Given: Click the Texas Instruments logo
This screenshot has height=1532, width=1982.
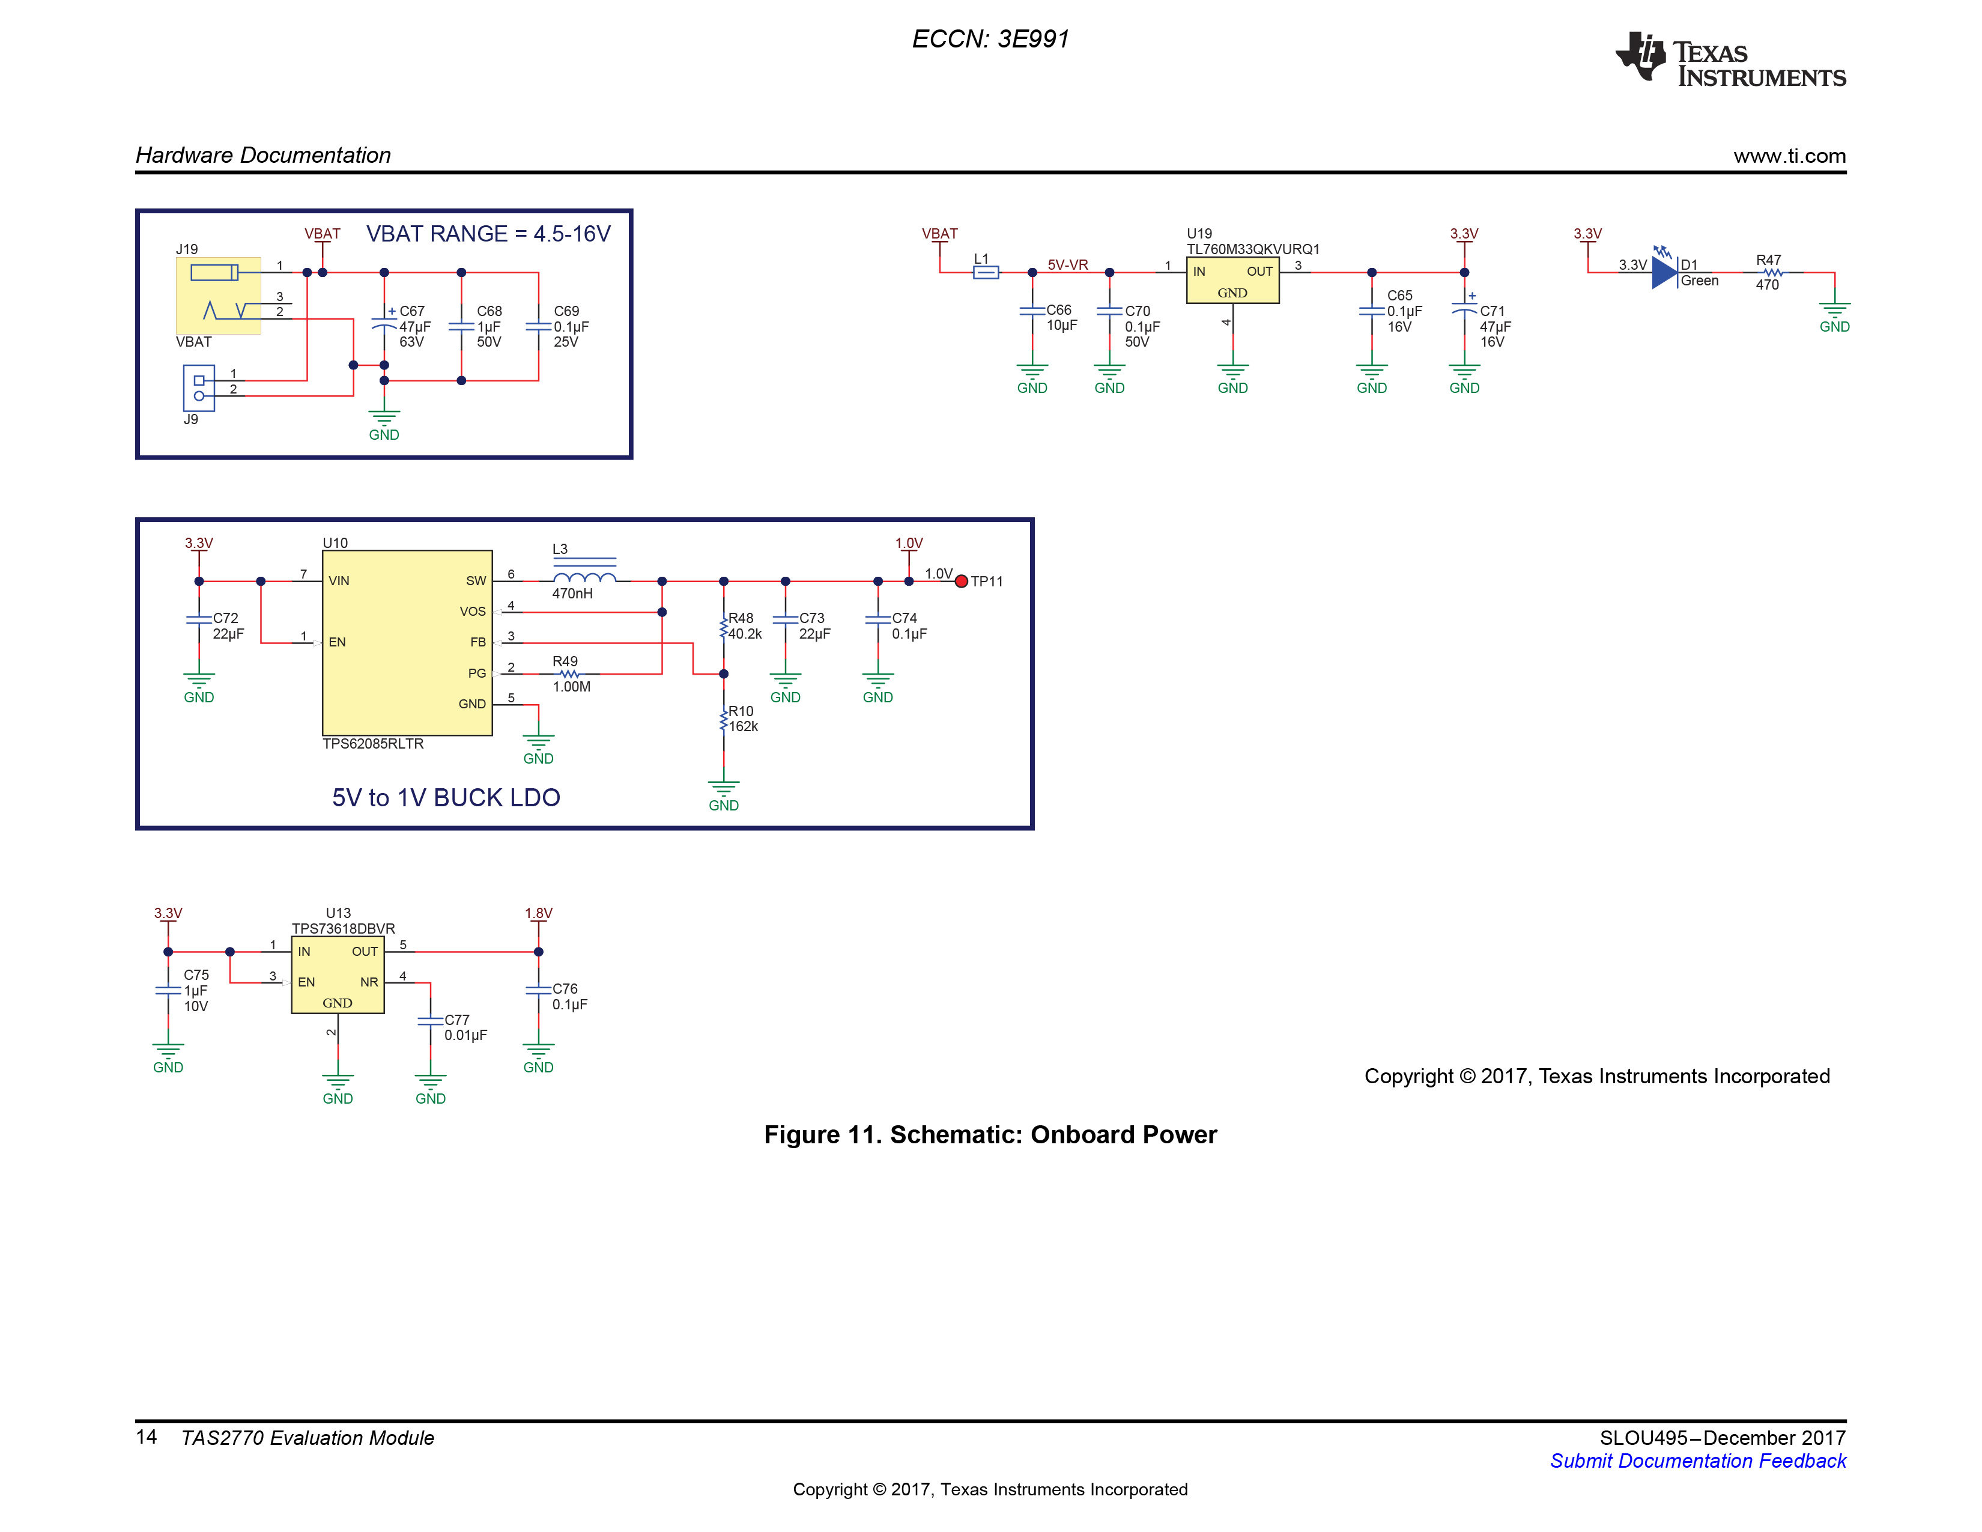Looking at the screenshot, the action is pos(1730,60).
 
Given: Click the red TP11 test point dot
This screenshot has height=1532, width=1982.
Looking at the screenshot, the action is pos(961,582).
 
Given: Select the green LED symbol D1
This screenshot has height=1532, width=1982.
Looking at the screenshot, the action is pos(1664,272).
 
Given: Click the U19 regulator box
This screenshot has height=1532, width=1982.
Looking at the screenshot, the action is pos(1232,281).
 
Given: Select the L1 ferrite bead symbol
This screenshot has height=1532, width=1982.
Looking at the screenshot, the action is pos(986,272).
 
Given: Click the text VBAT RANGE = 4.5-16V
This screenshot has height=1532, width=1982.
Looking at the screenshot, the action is pos(488,234).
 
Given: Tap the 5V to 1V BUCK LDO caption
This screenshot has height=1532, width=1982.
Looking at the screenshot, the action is pos(446,798).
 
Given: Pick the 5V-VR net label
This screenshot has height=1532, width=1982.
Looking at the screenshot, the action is pos(1067,265).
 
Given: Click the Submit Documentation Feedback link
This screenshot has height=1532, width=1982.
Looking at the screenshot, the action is pos(1697,1461).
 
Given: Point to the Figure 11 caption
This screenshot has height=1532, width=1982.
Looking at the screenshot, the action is pos(990,1134).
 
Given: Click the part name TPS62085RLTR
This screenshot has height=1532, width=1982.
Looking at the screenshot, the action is pos(373,744).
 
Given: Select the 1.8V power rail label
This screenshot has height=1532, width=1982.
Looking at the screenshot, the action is pos(538,913).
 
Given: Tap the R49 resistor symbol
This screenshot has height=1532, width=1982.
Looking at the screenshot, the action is pos(569,674).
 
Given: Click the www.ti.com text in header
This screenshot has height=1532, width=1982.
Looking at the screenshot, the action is pos(1790,156).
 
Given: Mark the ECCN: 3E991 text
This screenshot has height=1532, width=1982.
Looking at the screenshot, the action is pos(990,39).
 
